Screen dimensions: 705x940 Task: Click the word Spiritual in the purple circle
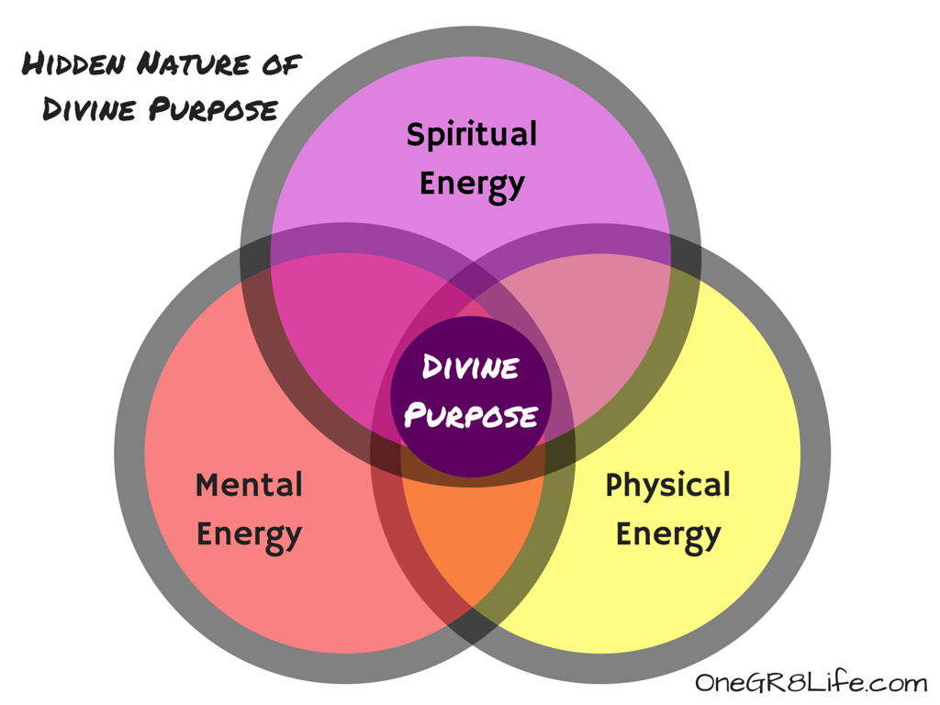pos(471,135)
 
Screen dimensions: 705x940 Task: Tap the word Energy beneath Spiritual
pos(471,184)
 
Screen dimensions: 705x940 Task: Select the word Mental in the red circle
pos(249,485)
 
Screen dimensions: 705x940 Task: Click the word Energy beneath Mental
pos(249,534)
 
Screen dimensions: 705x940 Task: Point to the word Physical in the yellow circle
pos(667,485)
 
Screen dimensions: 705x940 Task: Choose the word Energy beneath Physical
pos(667,534)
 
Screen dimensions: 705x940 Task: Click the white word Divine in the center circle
pos(471,369)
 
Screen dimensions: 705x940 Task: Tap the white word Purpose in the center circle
pos(471,416)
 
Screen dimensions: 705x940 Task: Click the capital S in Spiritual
pos(416,135)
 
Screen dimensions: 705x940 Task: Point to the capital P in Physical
pos(614,485)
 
